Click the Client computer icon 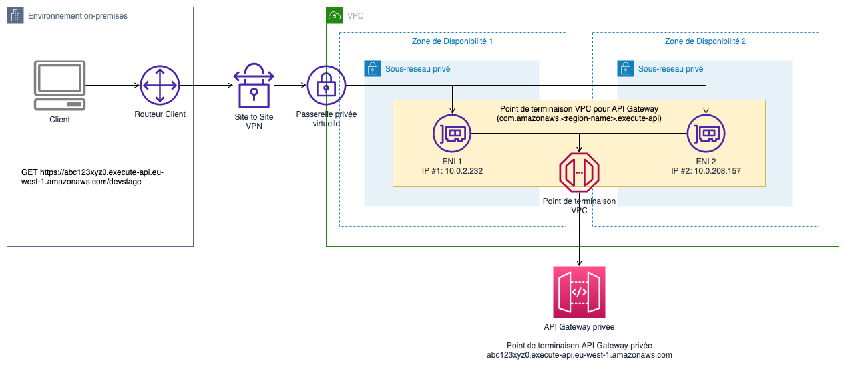click(x=59, y=86)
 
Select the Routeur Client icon click(x=160, y=86)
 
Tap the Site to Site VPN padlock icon click(x=253, y=85)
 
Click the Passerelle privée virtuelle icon click(x=326, y=86)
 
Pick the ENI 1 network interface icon click(x=452, y=134)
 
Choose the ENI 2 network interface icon click(x=706, y=134)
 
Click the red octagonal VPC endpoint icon click(x=579, y=172)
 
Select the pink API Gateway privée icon click(x=579, y=293)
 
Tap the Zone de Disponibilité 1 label click(x=452, y=41)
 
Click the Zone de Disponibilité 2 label click(x=705, y=41)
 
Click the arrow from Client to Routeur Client click(x=113, y=86)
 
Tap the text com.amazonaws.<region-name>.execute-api click(x=579, y=118)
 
